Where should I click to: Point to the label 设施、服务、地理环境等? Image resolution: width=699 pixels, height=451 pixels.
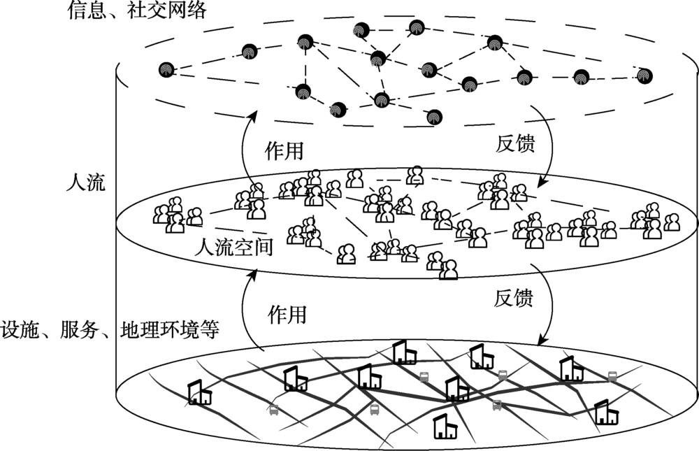pos(110,328)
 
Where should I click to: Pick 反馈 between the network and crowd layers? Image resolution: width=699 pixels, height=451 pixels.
pos(515,145)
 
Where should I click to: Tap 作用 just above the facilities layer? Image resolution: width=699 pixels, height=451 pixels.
pos(287,315)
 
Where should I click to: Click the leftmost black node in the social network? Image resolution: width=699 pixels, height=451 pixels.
pos(166,70)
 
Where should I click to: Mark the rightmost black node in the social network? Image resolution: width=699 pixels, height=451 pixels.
pos(644,75)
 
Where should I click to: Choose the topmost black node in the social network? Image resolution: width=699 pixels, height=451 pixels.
pos(360,29)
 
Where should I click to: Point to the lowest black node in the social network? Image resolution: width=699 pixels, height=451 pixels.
pos(434,117)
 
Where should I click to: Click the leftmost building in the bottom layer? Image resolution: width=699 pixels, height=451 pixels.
pos(200,393)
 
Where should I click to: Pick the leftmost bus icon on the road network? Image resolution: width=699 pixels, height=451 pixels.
pos(273,410)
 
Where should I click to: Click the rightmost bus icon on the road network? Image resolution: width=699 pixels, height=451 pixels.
pos(612,376)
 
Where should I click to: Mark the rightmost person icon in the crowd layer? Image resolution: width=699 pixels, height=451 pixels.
pos(671,222)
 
